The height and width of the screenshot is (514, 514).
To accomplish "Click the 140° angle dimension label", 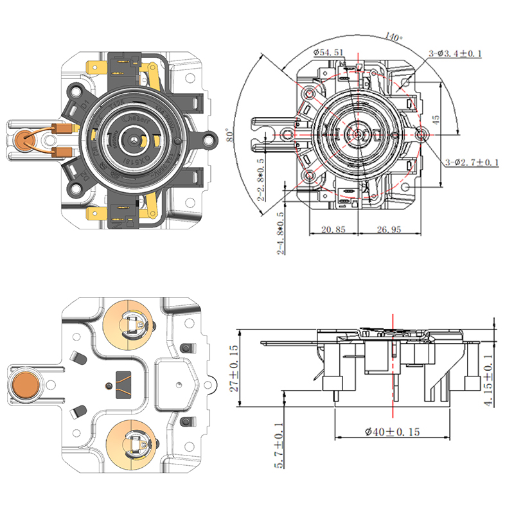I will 393,36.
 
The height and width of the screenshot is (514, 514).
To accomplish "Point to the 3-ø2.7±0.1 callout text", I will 472,163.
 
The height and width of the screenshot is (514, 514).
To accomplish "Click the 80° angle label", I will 229,136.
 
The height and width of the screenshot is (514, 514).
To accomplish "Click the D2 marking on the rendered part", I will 82,175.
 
